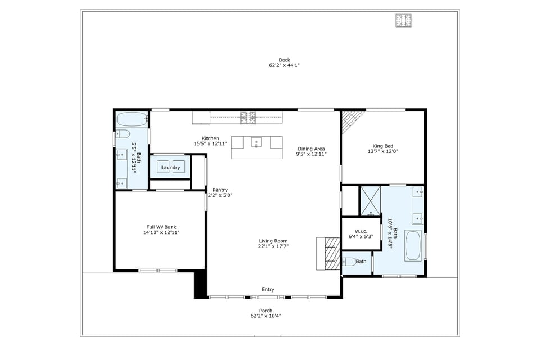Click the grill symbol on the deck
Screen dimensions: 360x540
click(403, 21)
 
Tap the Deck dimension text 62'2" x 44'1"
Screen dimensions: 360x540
click(284, 65)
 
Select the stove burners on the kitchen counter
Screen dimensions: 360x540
click(247, 118)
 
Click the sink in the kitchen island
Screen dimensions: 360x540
click(256, 142)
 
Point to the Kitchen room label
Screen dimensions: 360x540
click(210, 138)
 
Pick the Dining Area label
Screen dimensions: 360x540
click(311, 148)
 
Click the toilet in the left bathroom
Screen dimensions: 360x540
click(122, 134)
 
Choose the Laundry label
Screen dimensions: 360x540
click(170, 168)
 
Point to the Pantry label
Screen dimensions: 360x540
click(220, 190)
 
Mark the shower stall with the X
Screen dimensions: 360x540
click(371, 200)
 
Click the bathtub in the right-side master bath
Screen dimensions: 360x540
click(413, 245)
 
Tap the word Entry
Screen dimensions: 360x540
click(268, 290)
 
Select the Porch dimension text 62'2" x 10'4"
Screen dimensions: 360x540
click(265, 316)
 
